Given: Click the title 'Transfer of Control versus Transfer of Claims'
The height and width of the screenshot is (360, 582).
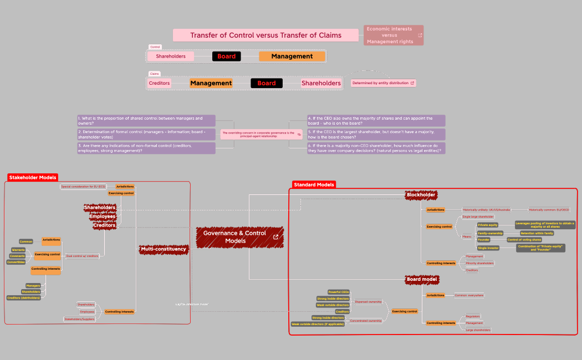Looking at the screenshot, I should coord(266,35).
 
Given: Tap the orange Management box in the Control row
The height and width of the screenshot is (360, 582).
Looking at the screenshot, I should coord(292,56).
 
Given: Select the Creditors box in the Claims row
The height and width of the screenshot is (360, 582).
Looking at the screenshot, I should coord(159,83).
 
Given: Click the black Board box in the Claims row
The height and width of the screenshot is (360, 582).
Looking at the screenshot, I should coord(267,83).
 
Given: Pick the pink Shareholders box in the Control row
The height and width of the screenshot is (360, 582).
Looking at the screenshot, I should coord(171,56).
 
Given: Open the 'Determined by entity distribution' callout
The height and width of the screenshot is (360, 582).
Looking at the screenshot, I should coord(383,83).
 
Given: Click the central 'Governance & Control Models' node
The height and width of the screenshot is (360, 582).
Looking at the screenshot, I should coord(239,237).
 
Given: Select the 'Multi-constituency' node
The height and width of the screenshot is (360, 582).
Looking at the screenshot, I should coord(163,249).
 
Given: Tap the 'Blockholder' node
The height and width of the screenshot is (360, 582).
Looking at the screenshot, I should coord(421,195).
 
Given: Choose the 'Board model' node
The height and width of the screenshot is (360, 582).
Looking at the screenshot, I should coord(422,279).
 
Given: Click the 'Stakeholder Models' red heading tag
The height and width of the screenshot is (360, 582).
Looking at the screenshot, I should coord(33,178).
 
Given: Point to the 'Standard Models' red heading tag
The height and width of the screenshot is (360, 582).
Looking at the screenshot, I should coord(314,184).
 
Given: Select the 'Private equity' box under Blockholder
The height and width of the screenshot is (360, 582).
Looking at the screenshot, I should coord(488,225).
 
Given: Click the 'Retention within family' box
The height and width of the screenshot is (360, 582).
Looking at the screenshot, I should coord(536,233).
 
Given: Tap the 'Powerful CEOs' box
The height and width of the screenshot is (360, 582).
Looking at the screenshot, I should coord(339,292).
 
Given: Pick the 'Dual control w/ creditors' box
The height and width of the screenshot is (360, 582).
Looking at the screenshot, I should coord(82,256).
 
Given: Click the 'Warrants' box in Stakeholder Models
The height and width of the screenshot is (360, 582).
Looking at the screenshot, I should coord(18,250).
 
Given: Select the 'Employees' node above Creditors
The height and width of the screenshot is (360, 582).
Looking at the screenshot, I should coord(103,216).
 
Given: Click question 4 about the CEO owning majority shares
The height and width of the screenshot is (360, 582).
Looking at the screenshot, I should coord(376,120).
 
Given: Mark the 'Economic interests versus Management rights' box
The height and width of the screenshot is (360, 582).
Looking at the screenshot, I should coord(393,35).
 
